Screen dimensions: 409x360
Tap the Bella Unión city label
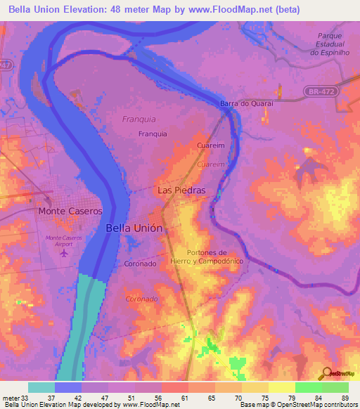pos(134,228)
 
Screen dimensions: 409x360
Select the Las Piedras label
pos(181,190)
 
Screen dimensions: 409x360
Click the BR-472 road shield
pos(321,91)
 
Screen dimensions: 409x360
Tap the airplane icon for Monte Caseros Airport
pos(66,253)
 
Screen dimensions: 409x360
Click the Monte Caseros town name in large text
pos(70,211)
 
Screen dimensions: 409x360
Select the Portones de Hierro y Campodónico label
pos(215,257)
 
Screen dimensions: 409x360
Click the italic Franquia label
pos(139,119)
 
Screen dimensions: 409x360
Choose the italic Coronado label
pos(141,299)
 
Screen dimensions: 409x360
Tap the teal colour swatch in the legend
pos(41,387)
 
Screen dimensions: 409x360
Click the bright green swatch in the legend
pos(309,387)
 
